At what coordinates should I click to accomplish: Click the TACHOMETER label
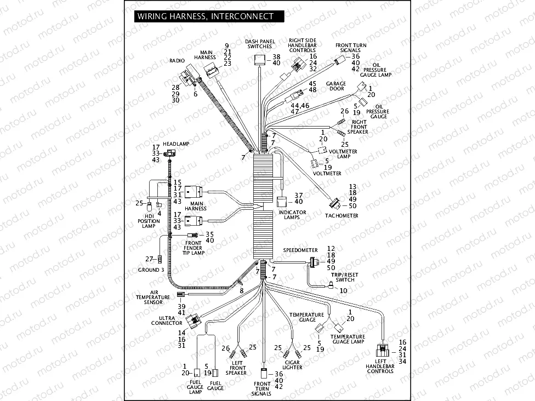pyautogui.click(x=341, y=216)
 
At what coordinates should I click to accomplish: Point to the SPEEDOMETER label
pyautogui.click(x=300, y=250)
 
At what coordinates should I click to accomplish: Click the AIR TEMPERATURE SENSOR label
pyautogui.click(x=149, y=298)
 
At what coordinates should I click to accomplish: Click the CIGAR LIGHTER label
pyautogui.click(x=292, y=365)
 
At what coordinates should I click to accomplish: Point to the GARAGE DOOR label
pyautogui.click(x=336, y=87)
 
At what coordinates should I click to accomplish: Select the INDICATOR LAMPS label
pyautogui.click(x=293, y=215)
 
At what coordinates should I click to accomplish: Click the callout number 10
pyautogui.click(x=343, y=290)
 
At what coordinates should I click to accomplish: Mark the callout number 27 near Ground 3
pyautogui.click(x=149, y=259)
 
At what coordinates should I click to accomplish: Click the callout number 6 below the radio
pyautogui.click(x=195, y=94)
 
